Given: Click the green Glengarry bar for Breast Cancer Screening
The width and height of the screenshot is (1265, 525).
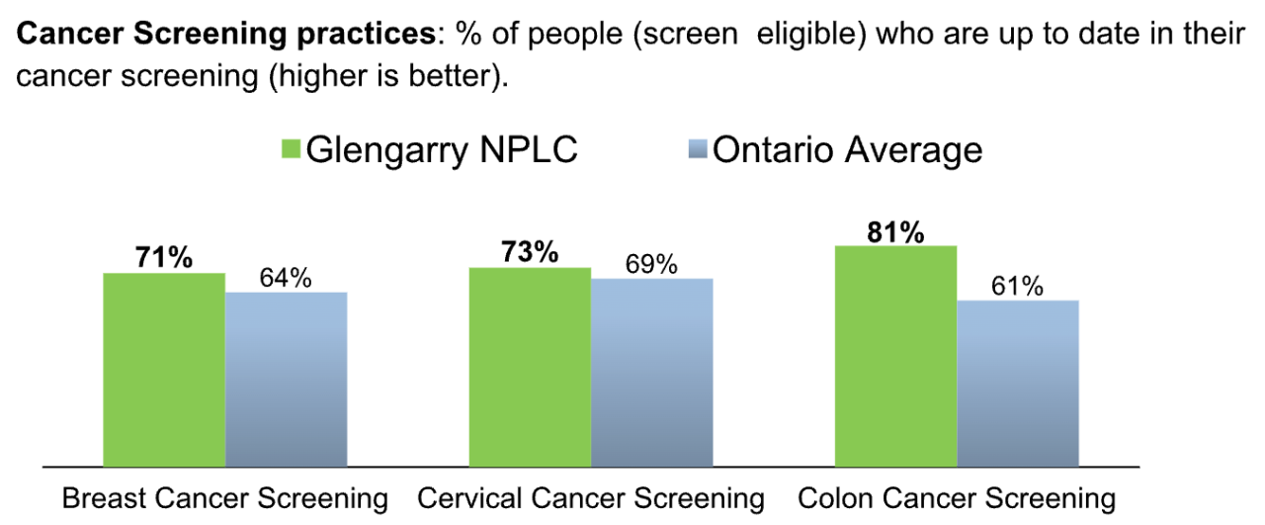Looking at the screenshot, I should pos(164,369).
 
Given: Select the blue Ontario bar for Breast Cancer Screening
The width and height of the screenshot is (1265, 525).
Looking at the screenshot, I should pos(286,379).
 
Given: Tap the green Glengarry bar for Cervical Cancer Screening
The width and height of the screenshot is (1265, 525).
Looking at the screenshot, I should pos(530,366).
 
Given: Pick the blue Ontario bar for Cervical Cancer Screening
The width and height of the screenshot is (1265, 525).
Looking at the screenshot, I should pos(651,372).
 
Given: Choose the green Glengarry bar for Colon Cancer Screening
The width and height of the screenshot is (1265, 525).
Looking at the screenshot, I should pos(895,355).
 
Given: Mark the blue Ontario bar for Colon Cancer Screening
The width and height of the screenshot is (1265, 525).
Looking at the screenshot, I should pos(1018,383).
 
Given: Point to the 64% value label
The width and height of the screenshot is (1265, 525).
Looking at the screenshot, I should pos(286,278).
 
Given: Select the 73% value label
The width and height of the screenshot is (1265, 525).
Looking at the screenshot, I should pos(529,252).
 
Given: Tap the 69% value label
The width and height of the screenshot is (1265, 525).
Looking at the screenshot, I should pos(651,264).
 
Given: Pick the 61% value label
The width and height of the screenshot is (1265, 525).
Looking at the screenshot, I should pos(1017,286).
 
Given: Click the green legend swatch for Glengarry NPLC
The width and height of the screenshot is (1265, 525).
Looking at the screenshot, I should pos(291,151).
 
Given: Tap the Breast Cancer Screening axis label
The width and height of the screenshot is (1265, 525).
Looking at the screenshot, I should pos(225,498).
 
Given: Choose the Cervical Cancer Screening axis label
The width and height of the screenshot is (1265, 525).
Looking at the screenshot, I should pos(591,498).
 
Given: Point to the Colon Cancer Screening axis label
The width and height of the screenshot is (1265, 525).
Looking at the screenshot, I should pos(956,498).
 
